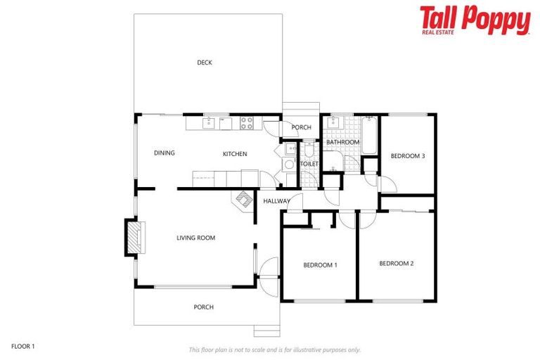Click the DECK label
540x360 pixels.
204,63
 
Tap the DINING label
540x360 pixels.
165,153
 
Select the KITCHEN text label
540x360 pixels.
235,154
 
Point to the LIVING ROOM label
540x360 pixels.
195,238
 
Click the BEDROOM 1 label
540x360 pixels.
320,265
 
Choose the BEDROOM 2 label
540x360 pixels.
396,264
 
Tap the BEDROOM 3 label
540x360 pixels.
408,156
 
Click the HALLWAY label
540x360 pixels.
276,202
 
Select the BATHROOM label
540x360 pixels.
342,142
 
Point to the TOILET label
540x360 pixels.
309,164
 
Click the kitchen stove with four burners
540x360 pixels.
247,124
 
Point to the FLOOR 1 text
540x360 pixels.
23,346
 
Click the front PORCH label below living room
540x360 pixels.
203,307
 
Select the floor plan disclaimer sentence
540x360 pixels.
274,349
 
